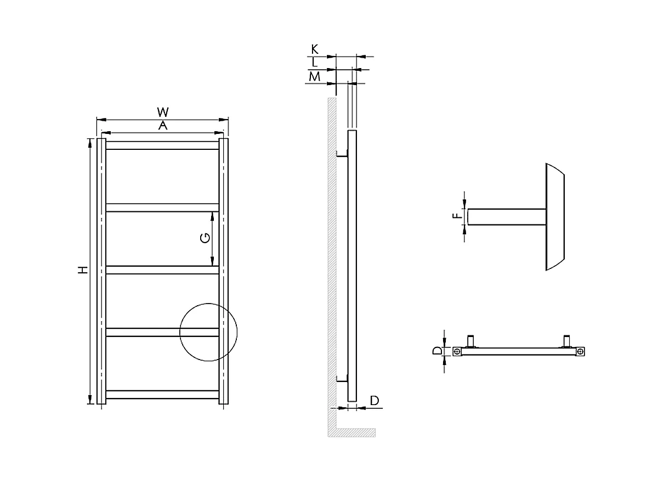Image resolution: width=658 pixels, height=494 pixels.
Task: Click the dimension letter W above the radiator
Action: [162, 112]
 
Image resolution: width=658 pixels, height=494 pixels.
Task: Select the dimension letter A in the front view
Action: [162, 126]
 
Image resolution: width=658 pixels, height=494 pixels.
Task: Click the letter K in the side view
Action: [315, 49]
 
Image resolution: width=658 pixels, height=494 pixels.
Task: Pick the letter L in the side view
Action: [315, 63]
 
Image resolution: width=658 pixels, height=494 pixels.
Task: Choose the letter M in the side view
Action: [315, 77]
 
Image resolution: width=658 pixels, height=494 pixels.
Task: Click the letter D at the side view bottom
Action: [375, 401]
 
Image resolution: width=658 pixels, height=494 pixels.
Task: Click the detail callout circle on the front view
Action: [208, 332]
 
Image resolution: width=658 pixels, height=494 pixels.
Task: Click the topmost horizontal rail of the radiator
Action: [162, 145]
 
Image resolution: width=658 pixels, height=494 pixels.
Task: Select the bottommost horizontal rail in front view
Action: [162, 394]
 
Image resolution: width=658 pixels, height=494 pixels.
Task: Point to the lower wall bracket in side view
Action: [342, 378]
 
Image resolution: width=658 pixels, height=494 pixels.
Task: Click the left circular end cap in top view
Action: [457, 352]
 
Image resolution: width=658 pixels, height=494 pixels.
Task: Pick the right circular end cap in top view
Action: [581, 352]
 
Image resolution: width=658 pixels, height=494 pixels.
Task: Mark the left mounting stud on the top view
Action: [470, 341]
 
